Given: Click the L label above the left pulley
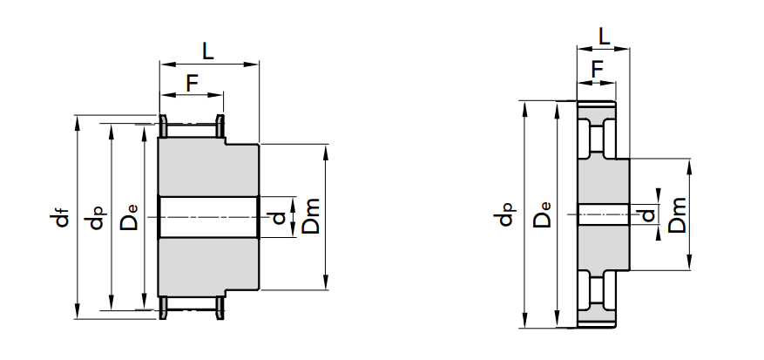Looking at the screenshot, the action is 208,51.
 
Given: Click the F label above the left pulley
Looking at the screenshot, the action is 192,84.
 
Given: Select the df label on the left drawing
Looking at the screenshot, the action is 62,218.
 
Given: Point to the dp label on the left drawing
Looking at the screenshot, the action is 96,218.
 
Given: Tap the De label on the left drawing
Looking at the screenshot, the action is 130,217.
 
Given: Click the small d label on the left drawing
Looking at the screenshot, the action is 279,218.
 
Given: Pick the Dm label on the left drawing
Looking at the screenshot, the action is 311,216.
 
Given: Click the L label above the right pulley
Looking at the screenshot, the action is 605,37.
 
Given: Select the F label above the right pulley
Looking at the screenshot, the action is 597,70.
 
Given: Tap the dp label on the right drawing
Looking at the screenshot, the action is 507,214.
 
